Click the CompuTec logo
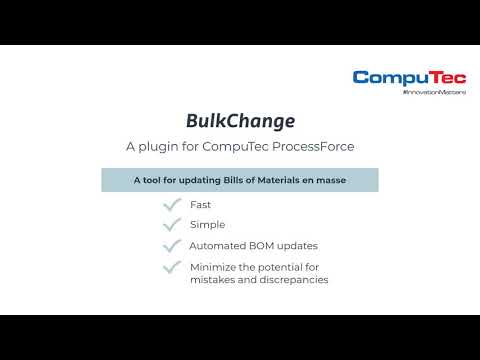407,77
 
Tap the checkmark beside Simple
171,225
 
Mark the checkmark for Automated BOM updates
171,246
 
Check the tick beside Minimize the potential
171,268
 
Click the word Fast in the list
200,205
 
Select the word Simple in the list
206,225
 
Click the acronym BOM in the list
260,246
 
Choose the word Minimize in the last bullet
213,267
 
